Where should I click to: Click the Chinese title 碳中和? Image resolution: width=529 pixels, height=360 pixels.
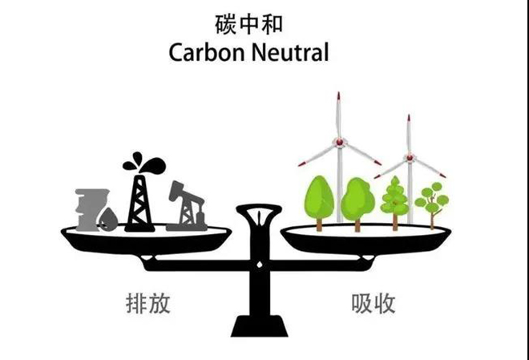coord(248,24)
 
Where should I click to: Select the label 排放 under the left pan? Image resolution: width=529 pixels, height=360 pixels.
coord(148,304)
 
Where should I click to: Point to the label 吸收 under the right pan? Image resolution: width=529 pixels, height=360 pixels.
coord(374,304)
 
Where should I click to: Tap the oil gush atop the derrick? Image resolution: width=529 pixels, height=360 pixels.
coord(144,163)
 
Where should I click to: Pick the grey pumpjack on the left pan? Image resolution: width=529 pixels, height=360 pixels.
coord(187,206)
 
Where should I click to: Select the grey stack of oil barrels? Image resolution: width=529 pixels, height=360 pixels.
coord(91,209)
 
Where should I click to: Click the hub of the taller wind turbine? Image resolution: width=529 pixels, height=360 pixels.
coord(339,142)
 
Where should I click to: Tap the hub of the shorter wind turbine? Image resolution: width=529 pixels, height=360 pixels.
coord(410,157)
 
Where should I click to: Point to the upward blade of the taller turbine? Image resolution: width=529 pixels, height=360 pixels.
coord(338,115)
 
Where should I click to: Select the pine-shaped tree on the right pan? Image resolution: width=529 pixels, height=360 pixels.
coord(394,203)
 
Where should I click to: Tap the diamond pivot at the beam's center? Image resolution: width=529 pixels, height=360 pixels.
coord(260,265)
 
